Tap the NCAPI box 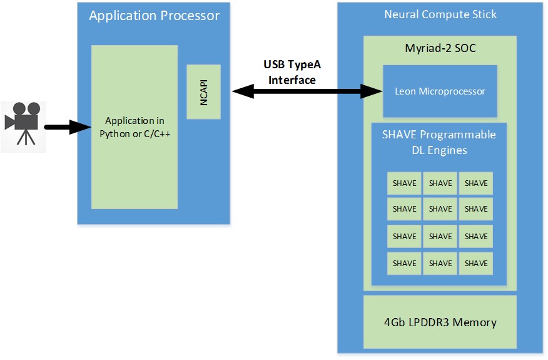tap(204, 91)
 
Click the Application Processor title tap(154, 16)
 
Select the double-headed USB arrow tap(307, 92)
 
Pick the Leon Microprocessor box tap(440, 91)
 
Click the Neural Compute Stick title tap(440, 14)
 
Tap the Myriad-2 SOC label tap(440, 48)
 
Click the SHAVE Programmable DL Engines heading tap(439, 142)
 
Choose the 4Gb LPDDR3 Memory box tap(440, 322)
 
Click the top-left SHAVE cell tap(404, 183)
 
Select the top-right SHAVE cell tap(476, 183)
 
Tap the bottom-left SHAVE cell tap(404, 263)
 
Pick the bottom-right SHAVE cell tap(476, 263)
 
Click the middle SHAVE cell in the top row tap(440, 183)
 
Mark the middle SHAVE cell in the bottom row tap(440, 263)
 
